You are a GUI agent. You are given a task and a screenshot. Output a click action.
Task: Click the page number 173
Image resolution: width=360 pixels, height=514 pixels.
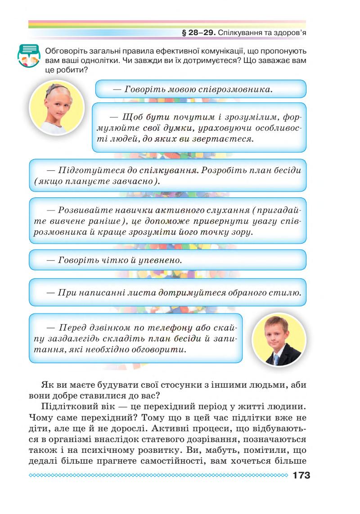click(x=301, y=475)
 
